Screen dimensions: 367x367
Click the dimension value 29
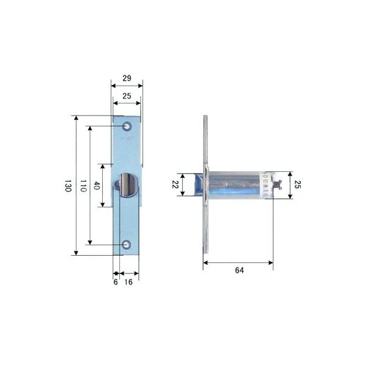(x=126, y=79)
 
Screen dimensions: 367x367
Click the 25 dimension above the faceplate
(x=126, y=95)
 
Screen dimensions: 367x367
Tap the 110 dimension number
(x=82, y=186)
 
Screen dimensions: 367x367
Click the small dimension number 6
(x=115, y=282)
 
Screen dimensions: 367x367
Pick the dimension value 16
(x=128, y=282)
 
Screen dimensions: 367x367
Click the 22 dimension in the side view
(x=174, y=185)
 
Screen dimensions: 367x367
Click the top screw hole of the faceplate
(x=127, y=127)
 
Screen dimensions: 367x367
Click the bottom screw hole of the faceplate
(x=127, y=245)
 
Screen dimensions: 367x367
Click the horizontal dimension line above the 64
(x=237, y=262)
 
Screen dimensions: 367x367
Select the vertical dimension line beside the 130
(x=75, y=185)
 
